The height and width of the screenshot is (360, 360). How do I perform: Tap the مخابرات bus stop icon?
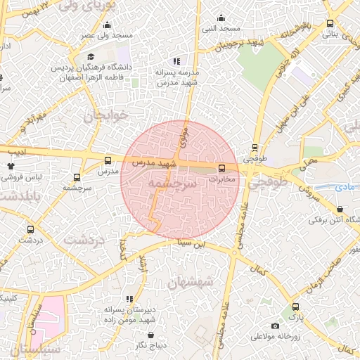pos(221,168)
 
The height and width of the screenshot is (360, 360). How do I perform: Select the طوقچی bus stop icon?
pos(255,148)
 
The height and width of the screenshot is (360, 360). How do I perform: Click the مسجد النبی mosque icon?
pos(221,18)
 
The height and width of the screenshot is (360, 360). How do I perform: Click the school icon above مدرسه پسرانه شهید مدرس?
pos(176,61)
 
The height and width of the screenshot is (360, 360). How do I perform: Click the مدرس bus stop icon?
pos(108,160)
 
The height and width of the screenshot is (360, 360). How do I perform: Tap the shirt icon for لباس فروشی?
pos(11,167)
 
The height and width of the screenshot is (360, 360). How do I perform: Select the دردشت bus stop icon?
pos(30,229)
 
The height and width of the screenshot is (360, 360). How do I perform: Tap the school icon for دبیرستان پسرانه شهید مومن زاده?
pos(128,299)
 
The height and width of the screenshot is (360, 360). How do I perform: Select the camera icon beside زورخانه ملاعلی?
pos(275,326)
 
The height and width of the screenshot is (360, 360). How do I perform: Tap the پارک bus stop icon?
pos(295,307)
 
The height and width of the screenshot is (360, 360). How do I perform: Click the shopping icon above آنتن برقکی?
pos(340,209)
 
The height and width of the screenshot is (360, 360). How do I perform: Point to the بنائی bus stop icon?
pos(331,22)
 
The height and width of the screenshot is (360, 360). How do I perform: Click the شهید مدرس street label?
pos(156,162)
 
